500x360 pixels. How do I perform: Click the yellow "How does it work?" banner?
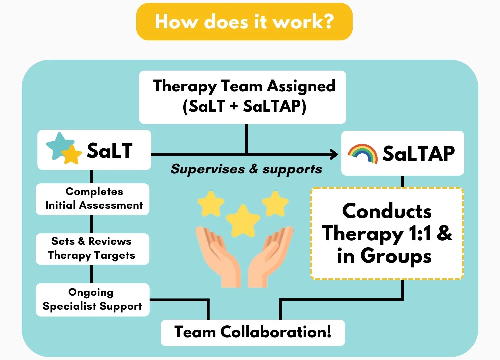coord(244,22)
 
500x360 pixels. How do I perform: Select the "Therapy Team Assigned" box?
coord(242,97)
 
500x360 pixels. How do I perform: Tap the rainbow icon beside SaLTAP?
coord(362,153)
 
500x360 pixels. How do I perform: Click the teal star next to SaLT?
coord(59,145)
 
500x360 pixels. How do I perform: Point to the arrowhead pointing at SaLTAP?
coord(334,154)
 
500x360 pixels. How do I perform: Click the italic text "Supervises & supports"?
coord(246,169)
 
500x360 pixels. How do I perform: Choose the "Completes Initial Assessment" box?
coord(92,199)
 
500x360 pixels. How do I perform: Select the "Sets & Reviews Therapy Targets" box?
coord(92,249)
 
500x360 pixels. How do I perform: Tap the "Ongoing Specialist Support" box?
coord(92,299)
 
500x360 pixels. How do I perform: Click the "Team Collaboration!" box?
coord(253,332)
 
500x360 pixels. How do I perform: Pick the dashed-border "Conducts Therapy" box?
coord(387,233)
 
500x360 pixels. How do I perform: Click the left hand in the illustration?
coord(218,257)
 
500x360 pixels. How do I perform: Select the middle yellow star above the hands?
coord(243,220)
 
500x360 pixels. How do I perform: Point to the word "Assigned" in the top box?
coord(301,86)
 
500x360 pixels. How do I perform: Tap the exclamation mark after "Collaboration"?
coord(329,332)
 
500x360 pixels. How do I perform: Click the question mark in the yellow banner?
coord(326,22)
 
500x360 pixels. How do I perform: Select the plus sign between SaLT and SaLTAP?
coord(234,106)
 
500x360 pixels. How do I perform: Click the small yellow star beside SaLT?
coord(72,154)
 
